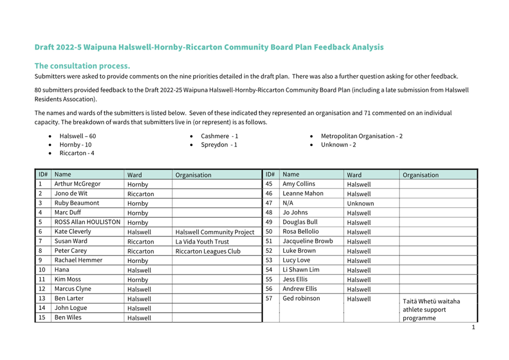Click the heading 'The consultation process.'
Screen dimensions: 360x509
click(x=82, y=65)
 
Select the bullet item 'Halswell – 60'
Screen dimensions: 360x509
click(x=77, y=136)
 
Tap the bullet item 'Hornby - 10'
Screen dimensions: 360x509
click(x=75, y=145)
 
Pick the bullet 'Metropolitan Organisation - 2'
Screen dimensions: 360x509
click(x=361, y=136)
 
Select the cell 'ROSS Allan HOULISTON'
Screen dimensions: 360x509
click(x=87, y=222)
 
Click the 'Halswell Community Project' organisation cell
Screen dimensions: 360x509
click(x=215, y=232)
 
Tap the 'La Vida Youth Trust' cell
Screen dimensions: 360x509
click(x=202, y=241)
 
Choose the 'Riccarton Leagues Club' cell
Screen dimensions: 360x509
click(x=208, y=251)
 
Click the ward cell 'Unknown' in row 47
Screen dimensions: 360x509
click(x=360, y=203)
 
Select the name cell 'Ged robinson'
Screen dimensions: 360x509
click(x=301, y=298)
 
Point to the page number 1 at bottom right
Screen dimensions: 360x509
click(x=473, y=327)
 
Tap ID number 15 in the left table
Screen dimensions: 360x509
click(x=42, y=318)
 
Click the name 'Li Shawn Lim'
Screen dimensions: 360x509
click(x=301, y=270)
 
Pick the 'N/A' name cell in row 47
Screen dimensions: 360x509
click(x=288, y=203)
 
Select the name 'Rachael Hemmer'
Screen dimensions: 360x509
click(x=78, y=260)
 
